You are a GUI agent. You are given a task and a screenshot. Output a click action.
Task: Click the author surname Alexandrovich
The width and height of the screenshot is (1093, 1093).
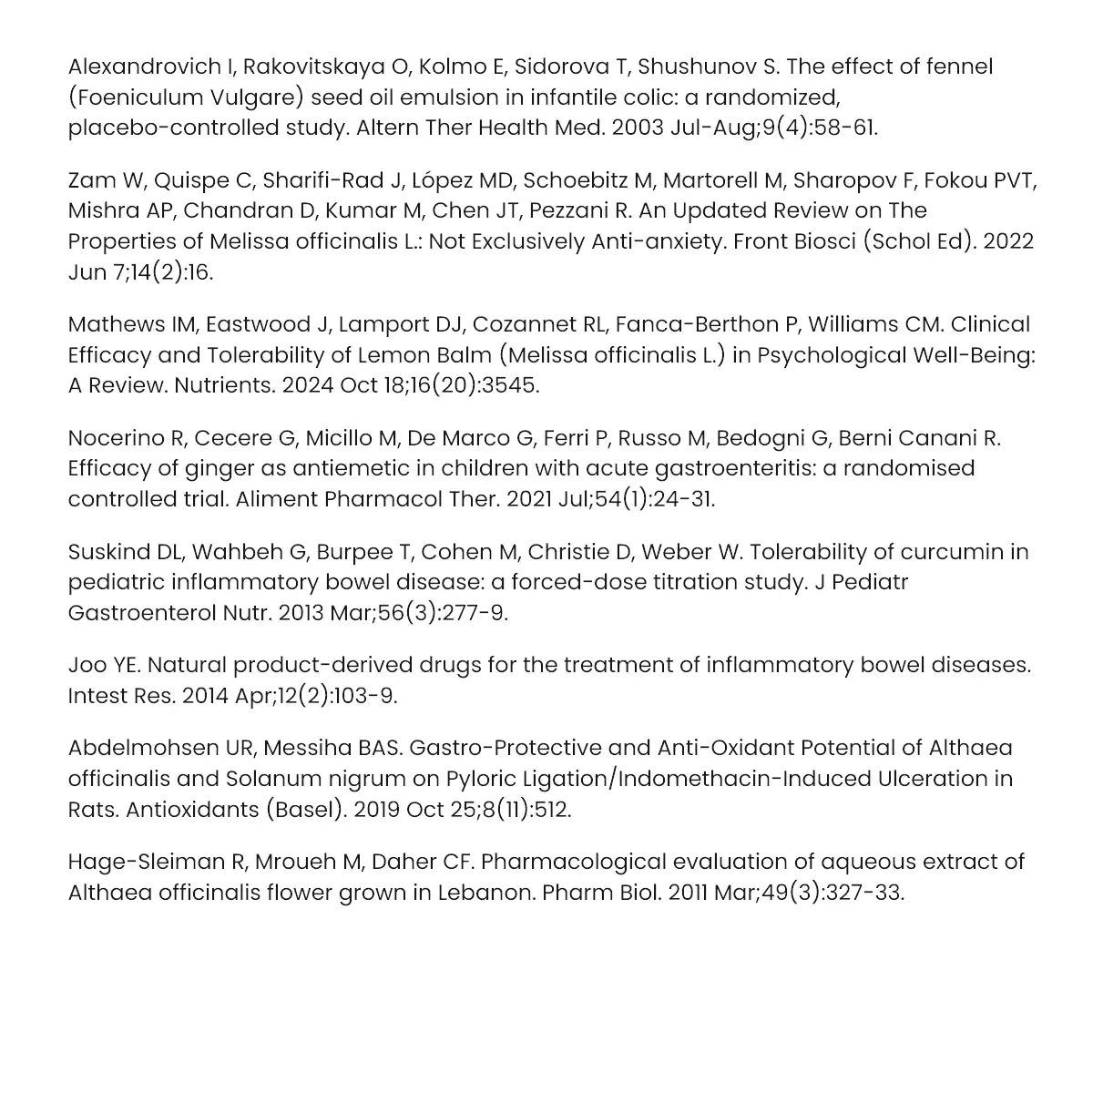pyautogui.click(x=131, y=66)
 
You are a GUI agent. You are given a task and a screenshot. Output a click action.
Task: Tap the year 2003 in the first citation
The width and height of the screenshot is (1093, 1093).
pyautogui.click(x=637, y=128)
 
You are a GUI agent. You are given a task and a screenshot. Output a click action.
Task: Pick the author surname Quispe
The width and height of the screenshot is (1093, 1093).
pyautogui.click(x=206, y=179)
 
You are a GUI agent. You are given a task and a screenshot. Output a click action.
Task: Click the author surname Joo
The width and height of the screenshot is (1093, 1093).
pyautogui.click(x=87, y=665)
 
